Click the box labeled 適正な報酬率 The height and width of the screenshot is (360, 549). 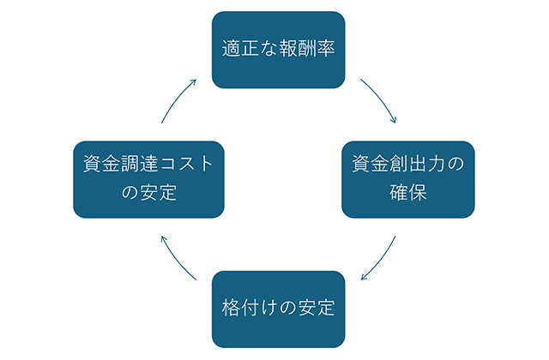pos(278,50)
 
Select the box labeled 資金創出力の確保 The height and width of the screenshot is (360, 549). pos(408,179)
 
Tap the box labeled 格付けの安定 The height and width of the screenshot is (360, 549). pos(278,309)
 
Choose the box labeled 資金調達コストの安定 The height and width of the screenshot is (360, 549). pos(148,179)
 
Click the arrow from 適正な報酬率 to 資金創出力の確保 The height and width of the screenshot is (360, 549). pos(381,99)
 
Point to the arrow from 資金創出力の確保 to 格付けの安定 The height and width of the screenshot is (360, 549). pos(381,260)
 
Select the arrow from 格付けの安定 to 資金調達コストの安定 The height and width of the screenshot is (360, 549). pos(177,260)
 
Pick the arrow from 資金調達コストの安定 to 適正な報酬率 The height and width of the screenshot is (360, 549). pos(177,99)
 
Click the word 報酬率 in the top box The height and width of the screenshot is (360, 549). pos(307,48)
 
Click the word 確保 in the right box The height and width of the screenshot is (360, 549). pos(408,192)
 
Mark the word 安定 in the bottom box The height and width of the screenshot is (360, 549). pos(317,308)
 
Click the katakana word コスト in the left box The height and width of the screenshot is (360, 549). pos(186,164)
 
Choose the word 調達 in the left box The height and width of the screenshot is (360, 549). pos(139,164)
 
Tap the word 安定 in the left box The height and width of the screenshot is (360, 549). pos(158,192)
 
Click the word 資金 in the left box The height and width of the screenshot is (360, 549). pos(101,164)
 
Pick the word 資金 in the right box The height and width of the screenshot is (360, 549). pos(371,164)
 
